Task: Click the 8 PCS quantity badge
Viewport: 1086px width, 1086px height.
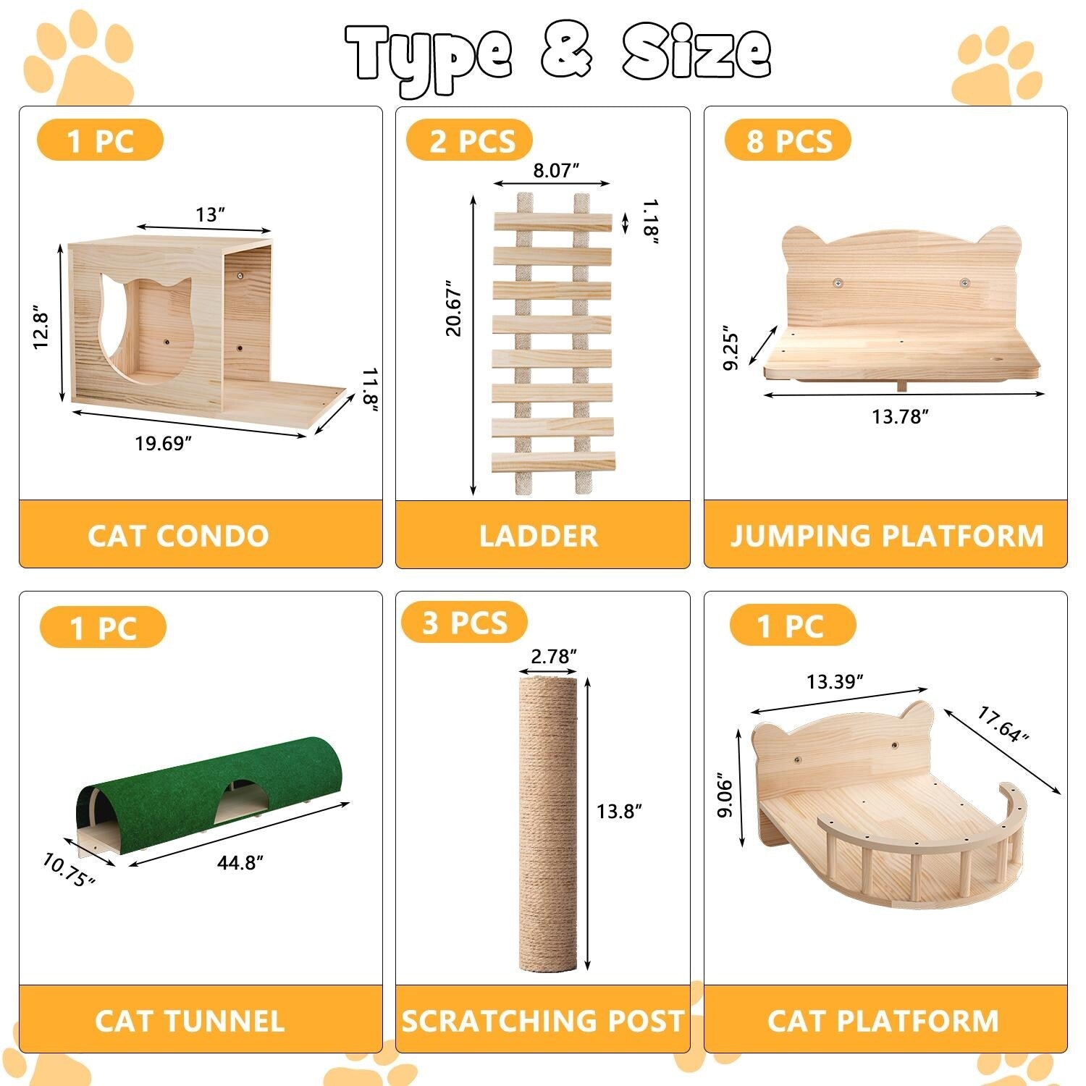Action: coord(788,140)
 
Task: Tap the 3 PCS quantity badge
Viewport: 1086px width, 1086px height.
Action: coord(465,623)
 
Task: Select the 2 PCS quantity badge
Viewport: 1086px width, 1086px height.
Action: coord(470,140)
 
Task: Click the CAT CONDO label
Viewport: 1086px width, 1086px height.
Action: coord(178,536)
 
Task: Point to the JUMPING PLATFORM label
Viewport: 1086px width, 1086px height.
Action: coord(886,536)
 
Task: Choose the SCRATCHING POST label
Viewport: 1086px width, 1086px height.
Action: coord(543,1021)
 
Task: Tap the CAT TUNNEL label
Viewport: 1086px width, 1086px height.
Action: coord(190,1021)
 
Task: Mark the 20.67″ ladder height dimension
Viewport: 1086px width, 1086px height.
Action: coord(454,308)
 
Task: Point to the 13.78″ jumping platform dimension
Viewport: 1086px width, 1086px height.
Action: coord(899,416)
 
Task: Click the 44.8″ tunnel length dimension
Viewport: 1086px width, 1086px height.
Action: coord(240,862)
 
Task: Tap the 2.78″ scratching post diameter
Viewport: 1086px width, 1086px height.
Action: coord(553,656)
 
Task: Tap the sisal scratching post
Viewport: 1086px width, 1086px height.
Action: coord(548,822)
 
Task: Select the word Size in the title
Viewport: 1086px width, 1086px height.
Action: coord(695,52)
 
